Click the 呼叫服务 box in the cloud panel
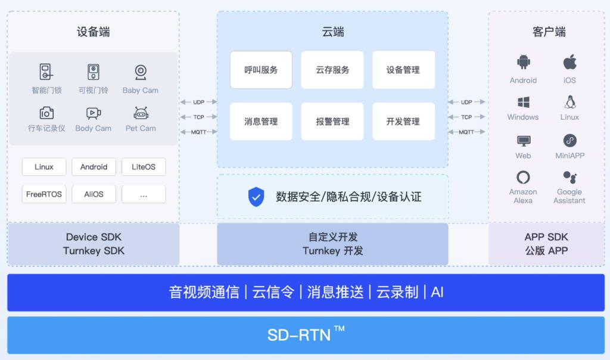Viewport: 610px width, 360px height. (261, 70)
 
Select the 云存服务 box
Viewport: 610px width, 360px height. (332, 70)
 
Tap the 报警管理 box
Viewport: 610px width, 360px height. (332, 122)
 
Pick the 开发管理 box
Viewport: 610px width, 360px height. (403, 122)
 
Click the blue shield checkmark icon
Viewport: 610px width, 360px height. (256, 197)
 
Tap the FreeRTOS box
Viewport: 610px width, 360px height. (44, 194)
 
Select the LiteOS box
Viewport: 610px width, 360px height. (144, 167)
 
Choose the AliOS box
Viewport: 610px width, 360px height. (94, 194)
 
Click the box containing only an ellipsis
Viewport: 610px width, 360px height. (144, 194)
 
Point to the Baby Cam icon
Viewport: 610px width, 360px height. (141, 72)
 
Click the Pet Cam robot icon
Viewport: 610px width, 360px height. (141, 113)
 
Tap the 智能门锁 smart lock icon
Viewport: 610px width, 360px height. (46, 72)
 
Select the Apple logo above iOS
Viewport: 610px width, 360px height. (570, 62)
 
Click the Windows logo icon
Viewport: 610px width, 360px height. (523, 103)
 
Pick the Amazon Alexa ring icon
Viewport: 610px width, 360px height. (523, 178)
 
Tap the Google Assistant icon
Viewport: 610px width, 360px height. (570, 177)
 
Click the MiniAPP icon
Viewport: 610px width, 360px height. (570, 141)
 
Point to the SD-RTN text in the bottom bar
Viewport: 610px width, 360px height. (299, 335)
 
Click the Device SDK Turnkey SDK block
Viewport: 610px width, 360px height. (94, 244)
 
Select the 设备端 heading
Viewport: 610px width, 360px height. (94, 32)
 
